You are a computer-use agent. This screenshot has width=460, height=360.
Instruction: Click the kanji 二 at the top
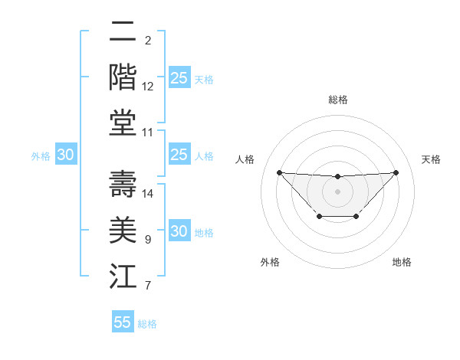123,32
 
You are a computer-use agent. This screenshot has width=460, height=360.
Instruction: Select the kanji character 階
123,77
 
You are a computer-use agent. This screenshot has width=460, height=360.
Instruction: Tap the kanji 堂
123,123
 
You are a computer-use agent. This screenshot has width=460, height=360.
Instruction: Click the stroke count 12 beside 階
148,87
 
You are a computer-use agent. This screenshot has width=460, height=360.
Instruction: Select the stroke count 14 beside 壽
148,194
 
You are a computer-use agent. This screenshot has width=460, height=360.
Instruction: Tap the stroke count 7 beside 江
147,286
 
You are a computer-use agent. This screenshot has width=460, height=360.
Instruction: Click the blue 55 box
123,322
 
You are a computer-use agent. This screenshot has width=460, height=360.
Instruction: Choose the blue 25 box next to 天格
179,78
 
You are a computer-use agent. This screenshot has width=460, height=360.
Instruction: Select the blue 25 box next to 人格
179,155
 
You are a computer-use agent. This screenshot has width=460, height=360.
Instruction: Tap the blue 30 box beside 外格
66,155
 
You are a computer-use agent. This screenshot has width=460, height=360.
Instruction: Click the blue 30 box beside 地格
179,232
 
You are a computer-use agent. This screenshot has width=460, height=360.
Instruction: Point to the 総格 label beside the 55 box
147,324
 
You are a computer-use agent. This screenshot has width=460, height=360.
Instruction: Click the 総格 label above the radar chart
337,100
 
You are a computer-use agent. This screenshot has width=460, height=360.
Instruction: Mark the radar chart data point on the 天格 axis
396,172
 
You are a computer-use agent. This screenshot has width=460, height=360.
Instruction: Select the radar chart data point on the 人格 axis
279,172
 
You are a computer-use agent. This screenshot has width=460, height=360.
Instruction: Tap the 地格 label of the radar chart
402,262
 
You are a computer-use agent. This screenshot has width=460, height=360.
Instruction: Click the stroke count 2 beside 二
147,41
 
